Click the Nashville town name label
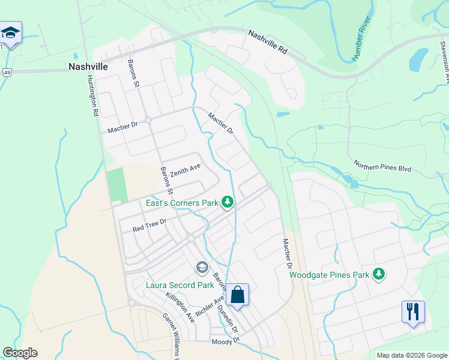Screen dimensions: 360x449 [x=88, y=67]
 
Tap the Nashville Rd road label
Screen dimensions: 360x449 [x=268, y=43]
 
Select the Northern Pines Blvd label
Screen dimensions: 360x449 [x=382, y=166]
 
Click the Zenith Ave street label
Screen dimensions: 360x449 [x=185, y=170]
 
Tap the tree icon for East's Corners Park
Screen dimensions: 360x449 [x=228, y=203]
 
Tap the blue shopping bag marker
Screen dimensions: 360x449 [x=238, y=295]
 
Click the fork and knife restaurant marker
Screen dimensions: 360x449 [x=413, y=312]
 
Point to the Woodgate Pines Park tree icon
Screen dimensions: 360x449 [x=378, y=275]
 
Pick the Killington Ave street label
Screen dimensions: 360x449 [x=180, y=308]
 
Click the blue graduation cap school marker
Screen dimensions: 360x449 [x=10, y=32]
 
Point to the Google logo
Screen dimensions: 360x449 [x=20, y=353]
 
